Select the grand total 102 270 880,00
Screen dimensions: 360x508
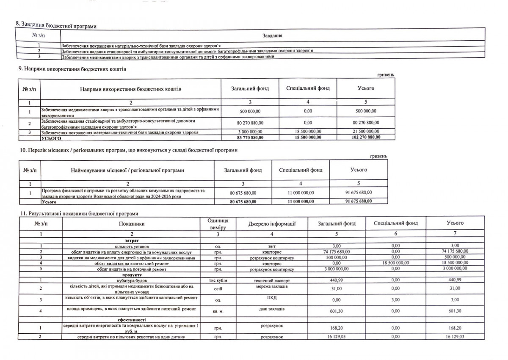click(x=366, y=137)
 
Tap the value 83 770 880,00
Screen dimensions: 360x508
click(x=250, y=137)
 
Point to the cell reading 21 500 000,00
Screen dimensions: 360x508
click(x=366, y=132)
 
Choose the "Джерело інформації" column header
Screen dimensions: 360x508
click(x=271, y=223)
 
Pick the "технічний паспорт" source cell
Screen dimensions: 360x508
click(x=271, y=280)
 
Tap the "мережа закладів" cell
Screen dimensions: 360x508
click(x=271, y=286)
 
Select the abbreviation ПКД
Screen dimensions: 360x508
click(x=271, y=297)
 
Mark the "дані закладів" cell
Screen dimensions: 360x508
click(x=271, y=309)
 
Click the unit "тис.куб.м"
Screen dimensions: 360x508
click(x=218, y=280)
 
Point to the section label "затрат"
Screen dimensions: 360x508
click(x=132, y=240)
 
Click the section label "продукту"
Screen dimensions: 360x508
click(x=131, y=275)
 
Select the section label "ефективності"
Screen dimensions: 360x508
click(x=132, y=320)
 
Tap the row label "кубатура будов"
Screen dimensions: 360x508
click(x=132, y=280)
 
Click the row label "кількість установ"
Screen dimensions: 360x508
click(x=132, y=246)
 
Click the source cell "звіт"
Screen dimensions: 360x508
click(x=271, y=246)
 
